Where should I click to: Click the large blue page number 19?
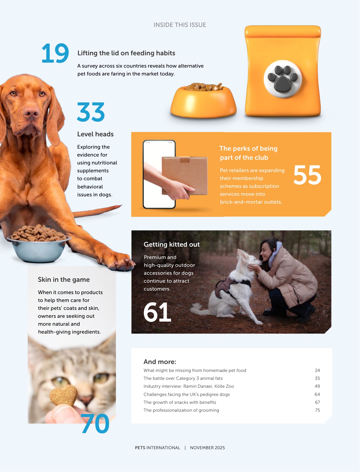(55, 54)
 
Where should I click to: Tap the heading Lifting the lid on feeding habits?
(126, 53)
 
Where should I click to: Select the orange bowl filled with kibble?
(204, 101)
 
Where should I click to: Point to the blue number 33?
(91, 112)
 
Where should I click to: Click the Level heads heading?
(95, 134)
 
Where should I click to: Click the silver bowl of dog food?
(38, 244)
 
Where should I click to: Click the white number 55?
(307, 175)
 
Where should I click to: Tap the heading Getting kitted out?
(172, 245)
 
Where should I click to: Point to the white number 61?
(157, 313)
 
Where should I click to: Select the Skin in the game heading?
(64, 280)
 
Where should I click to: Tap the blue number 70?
(95, 424)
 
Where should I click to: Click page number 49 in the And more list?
(317, 386)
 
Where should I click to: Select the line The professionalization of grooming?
(181, 410)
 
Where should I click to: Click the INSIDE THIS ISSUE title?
(180, 25)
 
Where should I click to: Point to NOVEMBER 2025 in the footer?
(207, 448)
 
